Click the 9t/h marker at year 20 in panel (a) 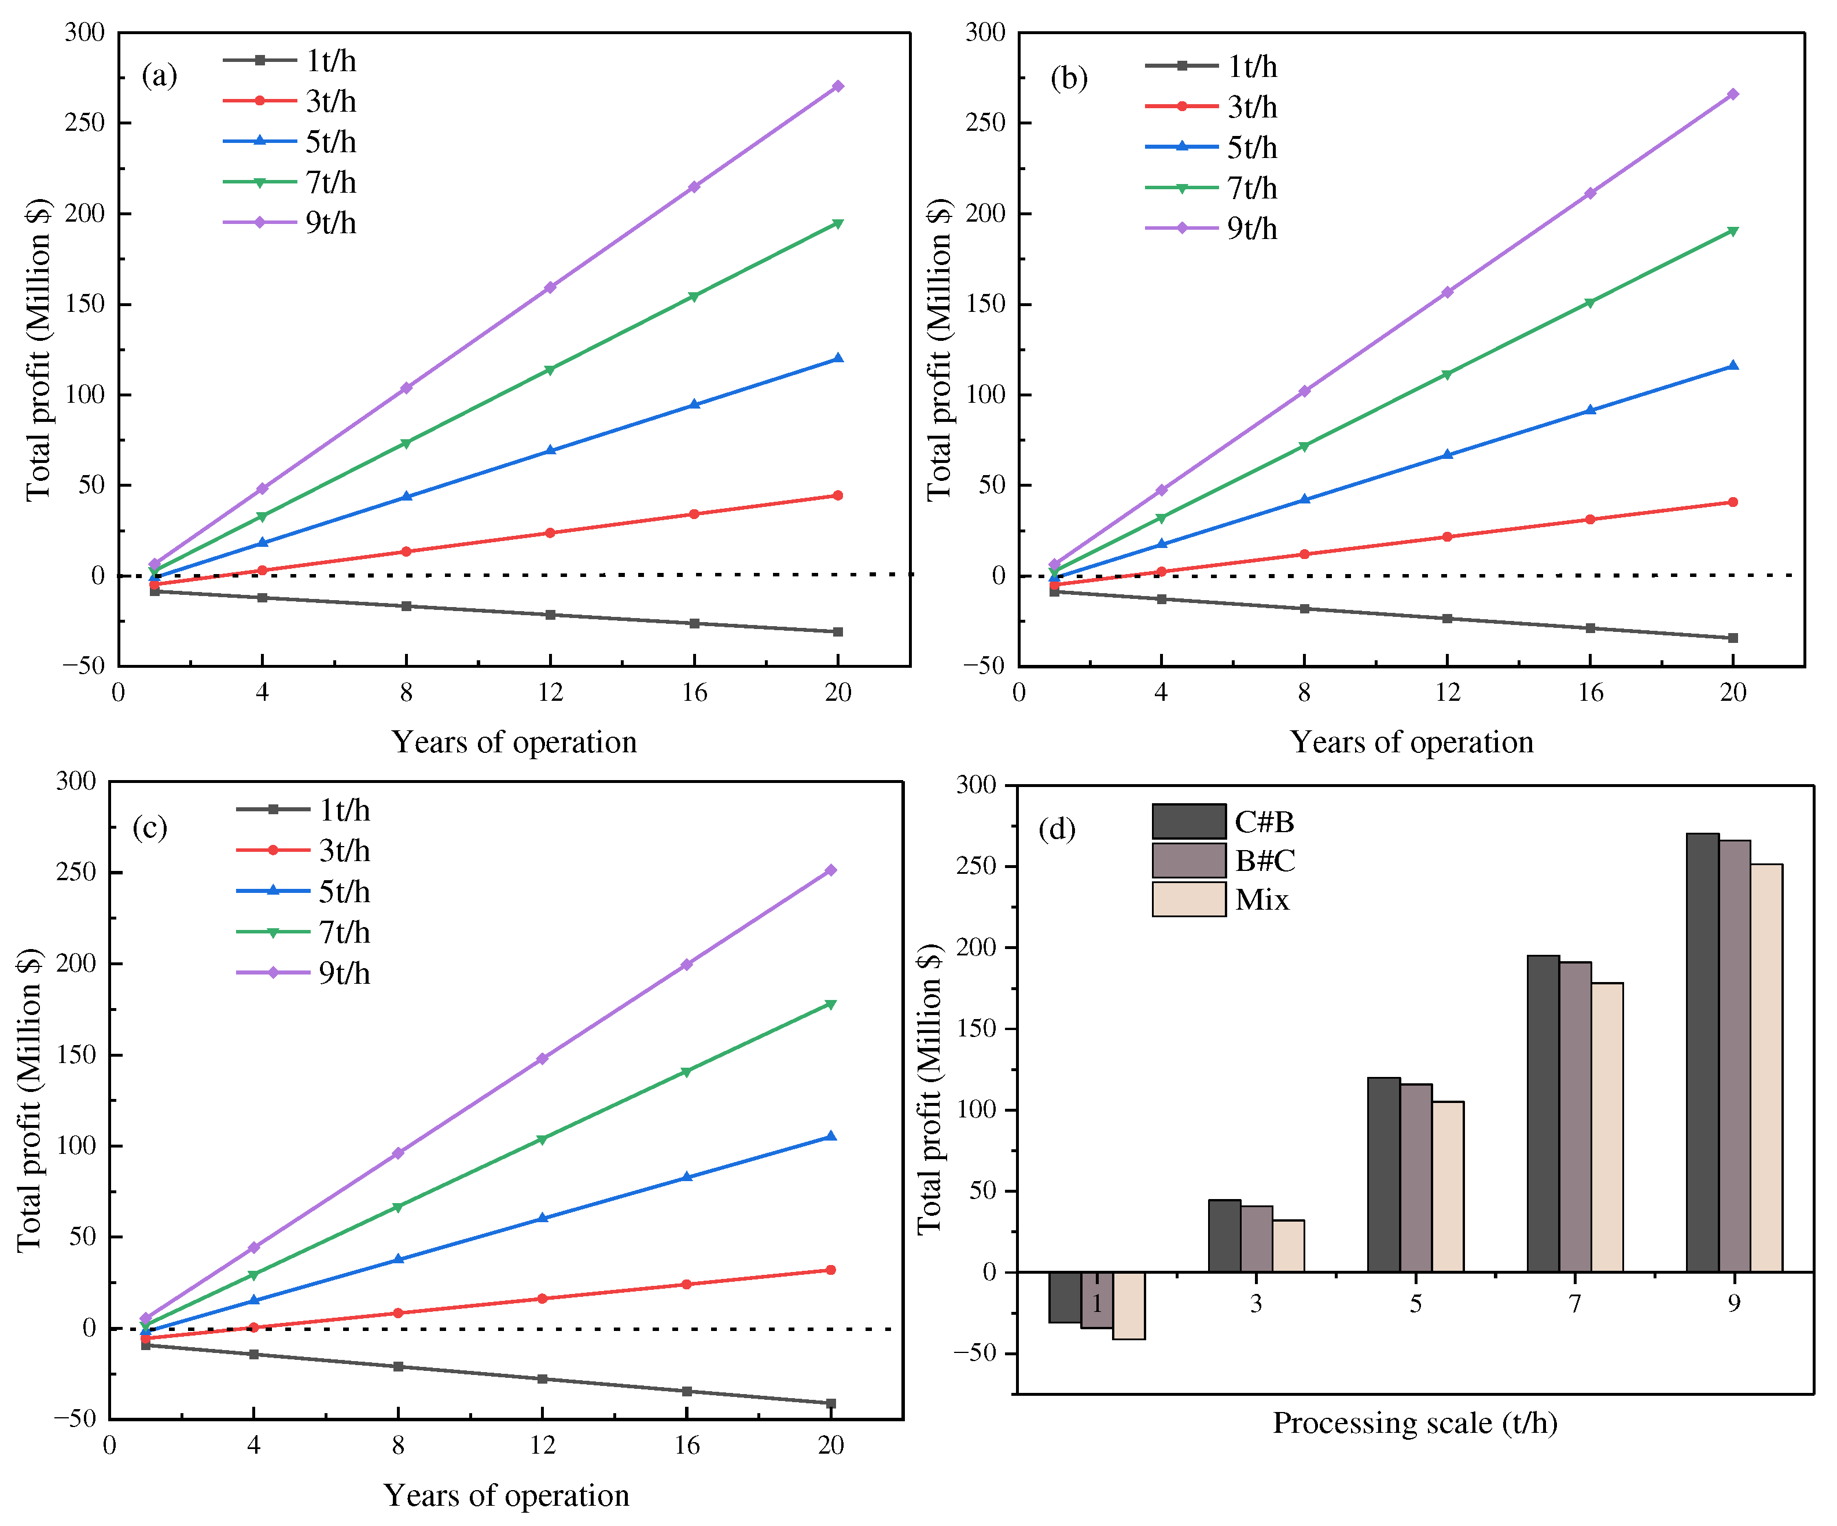coord(837,86)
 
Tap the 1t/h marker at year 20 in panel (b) coord(1733,638)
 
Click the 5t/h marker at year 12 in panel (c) coord(542,1218)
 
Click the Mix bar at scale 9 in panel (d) coord(1766,1068)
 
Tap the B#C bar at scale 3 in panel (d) coord(1256,1238)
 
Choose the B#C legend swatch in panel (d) coord(1188,860)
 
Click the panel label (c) coord(150,827)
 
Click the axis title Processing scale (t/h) coord(1415,1423)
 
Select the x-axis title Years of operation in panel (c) coord(506,1495)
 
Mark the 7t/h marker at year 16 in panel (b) coord(1589,303)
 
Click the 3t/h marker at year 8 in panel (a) coord(406,551)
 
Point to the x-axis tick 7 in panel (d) coord(1574,1304)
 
